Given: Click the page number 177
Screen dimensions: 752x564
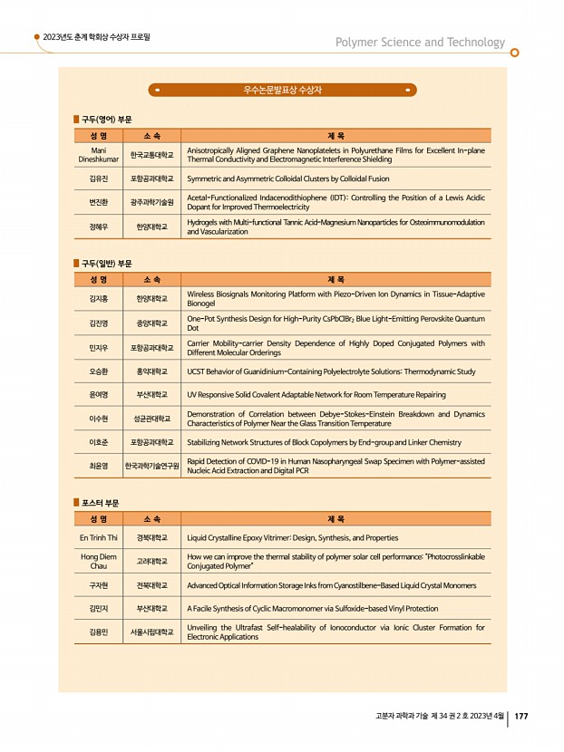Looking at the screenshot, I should click(521, 717).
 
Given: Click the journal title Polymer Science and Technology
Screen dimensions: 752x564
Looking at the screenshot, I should click(420, 43).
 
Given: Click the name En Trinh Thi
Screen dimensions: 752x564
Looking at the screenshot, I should click(99, 537).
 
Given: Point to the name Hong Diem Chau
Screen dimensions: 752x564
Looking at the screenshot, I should click(99, 561).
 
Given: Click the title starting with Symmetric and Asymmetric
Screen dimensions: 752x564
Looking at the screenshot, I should click(287, 179).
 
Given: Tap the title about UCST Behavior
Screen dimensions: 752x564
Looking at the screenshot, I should click(330, 371).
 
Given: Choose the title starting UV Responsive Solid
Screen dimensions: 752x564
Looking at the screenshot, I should click(316, 395).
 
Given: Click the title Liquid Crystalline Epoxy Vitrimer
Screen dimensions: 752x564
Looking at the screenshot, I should click(292, 537).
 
